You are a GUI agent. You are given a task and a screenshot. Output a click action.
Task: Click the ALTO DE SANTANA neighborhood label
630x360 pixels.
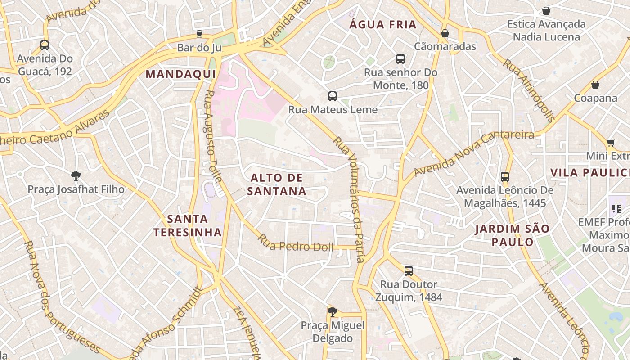[x=276, y=184]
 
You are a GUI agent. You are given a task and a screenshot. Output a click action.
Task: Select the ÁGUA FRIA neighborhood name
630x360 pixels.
[x=383, y=25]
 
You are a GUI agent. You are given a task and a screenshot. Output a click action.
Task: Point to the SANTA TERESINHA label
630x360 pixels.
[x=188, y=225]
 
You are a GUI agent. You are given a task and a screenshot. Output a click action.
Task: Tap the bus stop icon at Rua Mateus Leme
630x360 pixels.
[x=333, y=96]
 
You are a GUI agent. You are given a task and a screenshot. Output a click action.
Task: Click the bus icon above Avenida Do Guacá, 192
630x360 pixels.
[x=45, y=45]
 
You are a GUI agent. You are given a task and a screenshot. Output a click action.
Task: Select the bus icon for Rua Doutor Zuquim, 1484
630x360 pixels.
[x=408, y=270]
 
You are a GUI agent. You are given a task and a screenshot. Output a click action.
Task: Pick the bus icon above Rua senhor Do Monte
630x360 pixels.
[x=400, y=58]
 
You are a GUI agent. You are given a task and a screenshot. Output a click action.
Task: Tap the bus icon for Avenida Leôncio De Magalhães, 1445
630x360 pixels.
[x=504, y=176]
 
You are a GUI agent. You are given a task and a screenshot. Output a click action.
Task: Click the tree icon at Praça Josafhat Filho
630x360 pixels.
[x=76, y=175]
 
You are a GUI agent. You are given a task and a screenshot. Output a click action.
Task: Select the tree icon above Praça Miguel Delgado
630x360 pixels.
[x=333, y=311]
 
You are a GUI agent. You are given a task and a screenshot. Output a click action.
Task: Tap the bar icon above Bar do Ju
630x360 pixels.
[x=199, y=34]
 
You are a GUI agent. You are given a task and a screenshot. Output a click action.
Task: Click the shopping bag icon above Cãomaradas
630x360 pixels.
[x=445, y=33]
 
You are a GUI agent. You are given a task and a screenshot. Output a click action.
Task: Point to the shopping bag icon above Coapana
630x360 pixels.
[x=595, y=84]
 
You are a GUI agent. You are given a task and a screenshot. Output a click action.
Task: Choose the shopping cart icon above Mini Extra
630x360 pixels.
[x=611, y=143]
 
